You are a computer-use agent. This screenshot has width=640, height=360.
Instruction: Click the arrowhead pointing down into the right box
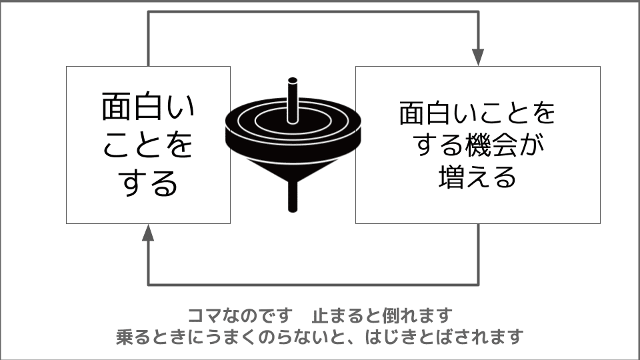click(478, 57)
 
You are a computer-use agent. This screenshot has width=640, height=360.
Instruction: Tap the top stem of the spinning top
click(292, 100)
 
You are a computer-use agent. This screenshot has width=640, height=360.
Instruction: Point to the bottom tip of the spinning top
click(293, 210)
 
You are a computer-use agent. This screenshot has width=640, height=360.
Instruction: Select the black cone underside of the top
click(293, 167)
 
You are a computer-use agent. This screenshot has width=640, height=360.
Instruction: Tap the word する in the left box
click(148, 183)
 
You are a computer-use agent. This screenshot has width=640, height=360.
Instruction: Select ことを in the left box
click(147, 145)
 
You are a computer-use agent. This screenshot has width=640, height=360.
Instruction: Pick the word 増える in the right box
click(477, 176)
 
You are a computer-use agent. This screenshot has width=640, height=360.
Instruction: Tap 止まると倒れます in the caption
click(382, 315)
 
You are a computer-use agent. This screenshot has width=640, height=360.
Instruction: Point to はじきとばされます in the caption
click(444, 337)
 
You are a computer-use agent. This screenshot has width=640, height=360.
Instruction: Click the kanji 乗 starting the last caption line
click(124, 337)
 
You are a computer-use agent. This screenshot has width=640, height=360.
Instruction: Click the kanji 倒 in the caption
click(390, 315)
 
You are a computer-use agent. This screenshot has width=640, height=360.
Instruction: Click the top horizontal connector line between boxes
click(313, 12)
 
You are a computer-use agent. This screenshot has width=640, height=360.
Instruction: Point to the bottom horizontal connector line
click(313, 284)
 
